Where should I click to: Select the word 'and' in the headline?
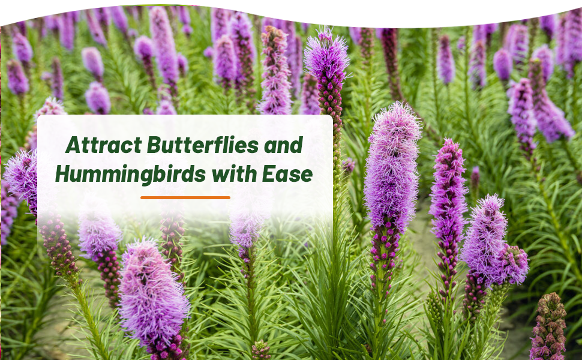[284, 145]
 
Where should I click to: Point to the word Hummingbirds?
[127, 174]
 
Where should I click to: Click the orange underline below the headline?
[185, 197]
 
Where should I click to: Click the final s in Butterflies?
[254, 146]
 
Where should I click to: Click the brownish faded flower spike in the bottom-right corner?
[547, 327]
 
